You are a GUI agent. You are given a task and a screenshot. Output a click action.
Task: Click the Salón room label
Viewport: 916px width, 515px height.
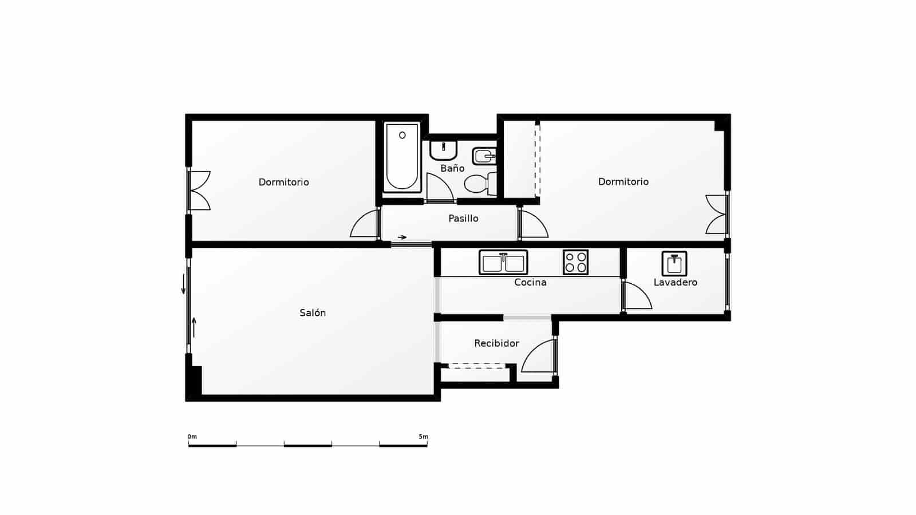point(313,312)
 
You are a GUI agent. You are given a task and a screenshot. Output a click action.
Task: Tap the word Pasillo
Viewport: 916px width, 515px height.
point(463,219)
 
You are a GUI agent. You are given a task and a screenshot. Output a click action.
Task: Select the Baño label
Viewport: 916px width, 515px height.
point(452,168)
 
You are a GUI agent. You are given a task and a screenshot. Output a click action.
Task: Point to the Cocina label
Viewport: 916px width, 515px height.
point(530,283)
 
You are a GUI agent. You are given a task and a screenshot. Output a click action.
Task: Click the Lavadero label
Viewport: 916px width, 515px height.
point(675,283)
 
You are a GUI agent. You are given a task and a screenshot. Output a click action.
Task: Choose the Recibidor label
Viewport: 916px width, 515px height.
point(496,343)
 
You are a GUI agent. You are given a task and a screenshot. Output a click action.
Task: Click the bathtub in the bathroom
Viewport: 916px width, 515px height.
point(402,157)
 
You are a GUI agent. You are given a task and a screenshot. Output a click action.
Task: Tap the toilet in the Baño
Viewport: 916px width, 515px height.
point(480,184)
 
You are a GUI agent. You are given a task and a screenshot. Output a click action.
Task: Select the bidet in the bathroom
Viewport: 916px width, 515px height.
point(484,156)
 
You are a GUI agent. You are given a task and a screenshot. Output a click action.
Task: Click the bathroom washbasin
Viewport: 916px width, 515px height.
point(443,150)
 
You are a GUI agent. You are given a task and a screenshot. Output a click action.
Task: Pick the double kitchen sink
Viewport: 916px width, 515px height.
point(503,263)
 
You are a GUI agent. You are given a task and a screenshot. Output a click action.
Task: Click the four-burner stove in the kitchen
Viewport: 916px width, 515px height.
point(575,263)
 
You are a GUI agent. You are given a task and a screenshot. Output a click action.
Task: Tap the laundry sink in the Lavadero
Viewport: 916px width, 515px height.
point(674,264)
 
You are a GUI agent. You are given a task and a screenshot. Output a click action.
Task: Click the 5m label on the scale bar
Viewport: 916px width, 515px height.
point(423,437)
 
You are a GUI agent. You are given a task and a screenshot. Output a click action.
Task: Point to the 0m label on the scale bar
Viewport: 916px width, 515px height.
point(192,437)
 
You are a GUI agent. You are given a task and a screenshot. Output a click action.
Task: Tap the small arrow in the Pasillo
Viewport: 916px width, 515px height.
point(402,237)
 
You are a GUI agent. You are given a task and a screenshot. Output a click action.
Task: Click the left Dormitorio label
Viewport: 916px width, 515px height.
point(283,183)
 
